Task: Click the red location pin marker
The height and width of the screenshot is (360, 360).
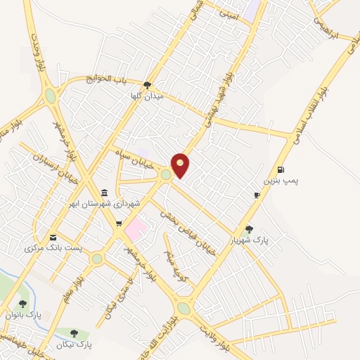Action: coord(181,165)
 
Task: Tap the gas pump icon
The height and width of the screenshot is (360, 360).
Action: coord(281,169)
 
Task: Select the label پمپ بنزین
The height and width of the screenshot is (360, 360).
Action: coord(281,181)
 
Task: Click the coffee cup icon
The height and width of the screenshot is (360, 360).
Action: coord(257,195)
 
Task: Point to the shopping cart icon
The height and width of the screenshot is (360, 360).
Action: coord(119,224)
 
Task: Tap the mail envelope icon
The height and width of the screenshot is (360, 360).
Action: coord(53,237)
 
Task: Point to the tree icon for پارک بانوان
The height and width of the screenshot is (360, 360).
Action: coord(23,304)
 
